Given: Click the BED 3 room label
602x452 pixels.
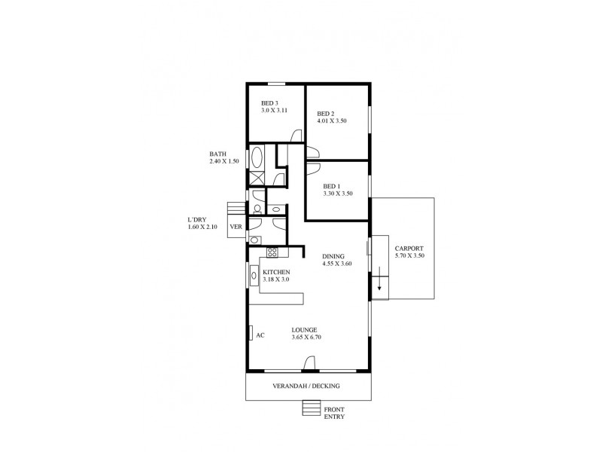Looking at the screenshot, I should click(x=269, y=103).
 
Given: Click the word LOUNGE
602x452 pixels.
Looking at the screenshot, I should click(x=305, y=329).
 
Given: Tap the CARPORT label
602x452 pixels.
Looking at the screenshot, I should click(x=409, y=248).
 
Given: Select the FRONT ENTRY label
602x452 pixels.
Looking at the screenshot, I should click(x=335, y=412).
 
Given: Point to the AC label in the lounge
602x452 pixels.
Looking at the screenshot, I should click(x=260, y=335).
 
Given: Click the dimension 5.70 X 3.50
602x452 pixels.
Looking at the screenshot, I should click(x=409, y=256).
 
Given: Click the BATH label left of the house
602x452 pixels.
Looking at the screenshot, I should click(x=217, y=154).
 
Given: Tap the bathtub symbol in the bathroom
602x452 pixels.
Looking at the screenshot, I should click(x=257, y=158).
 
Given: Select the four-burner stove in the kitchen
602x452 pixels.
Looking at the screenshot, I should click(x=272, y=252).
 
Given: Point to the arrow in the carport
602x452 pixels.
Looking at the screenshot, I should click(x=380, y=284).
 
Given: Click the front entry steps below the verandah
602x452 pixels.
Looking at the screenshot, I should click(x=311, y=408).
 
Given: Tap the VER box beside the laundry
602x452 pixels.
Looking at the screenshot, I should click(x=236, y=226).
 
